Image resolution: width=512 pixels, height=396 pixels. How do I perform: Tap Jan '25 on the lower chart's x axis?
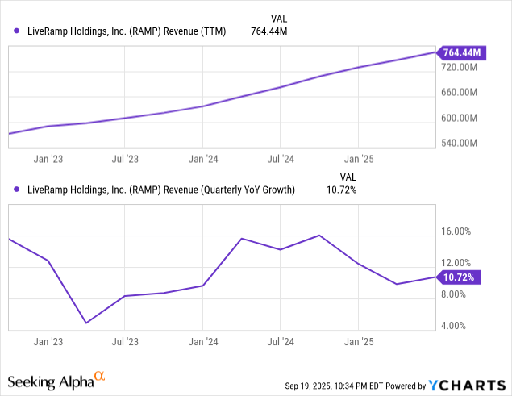tap(359, 341)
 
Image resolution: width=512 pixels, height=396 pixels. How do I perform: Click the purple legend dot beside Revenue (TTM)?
tap(18, 31)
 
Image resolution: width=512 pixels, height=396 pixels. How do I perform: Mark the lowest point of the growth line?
tap(86, 323)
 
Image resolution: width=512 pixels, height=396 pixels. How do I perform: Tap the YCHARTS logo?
tap(466, 384)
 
